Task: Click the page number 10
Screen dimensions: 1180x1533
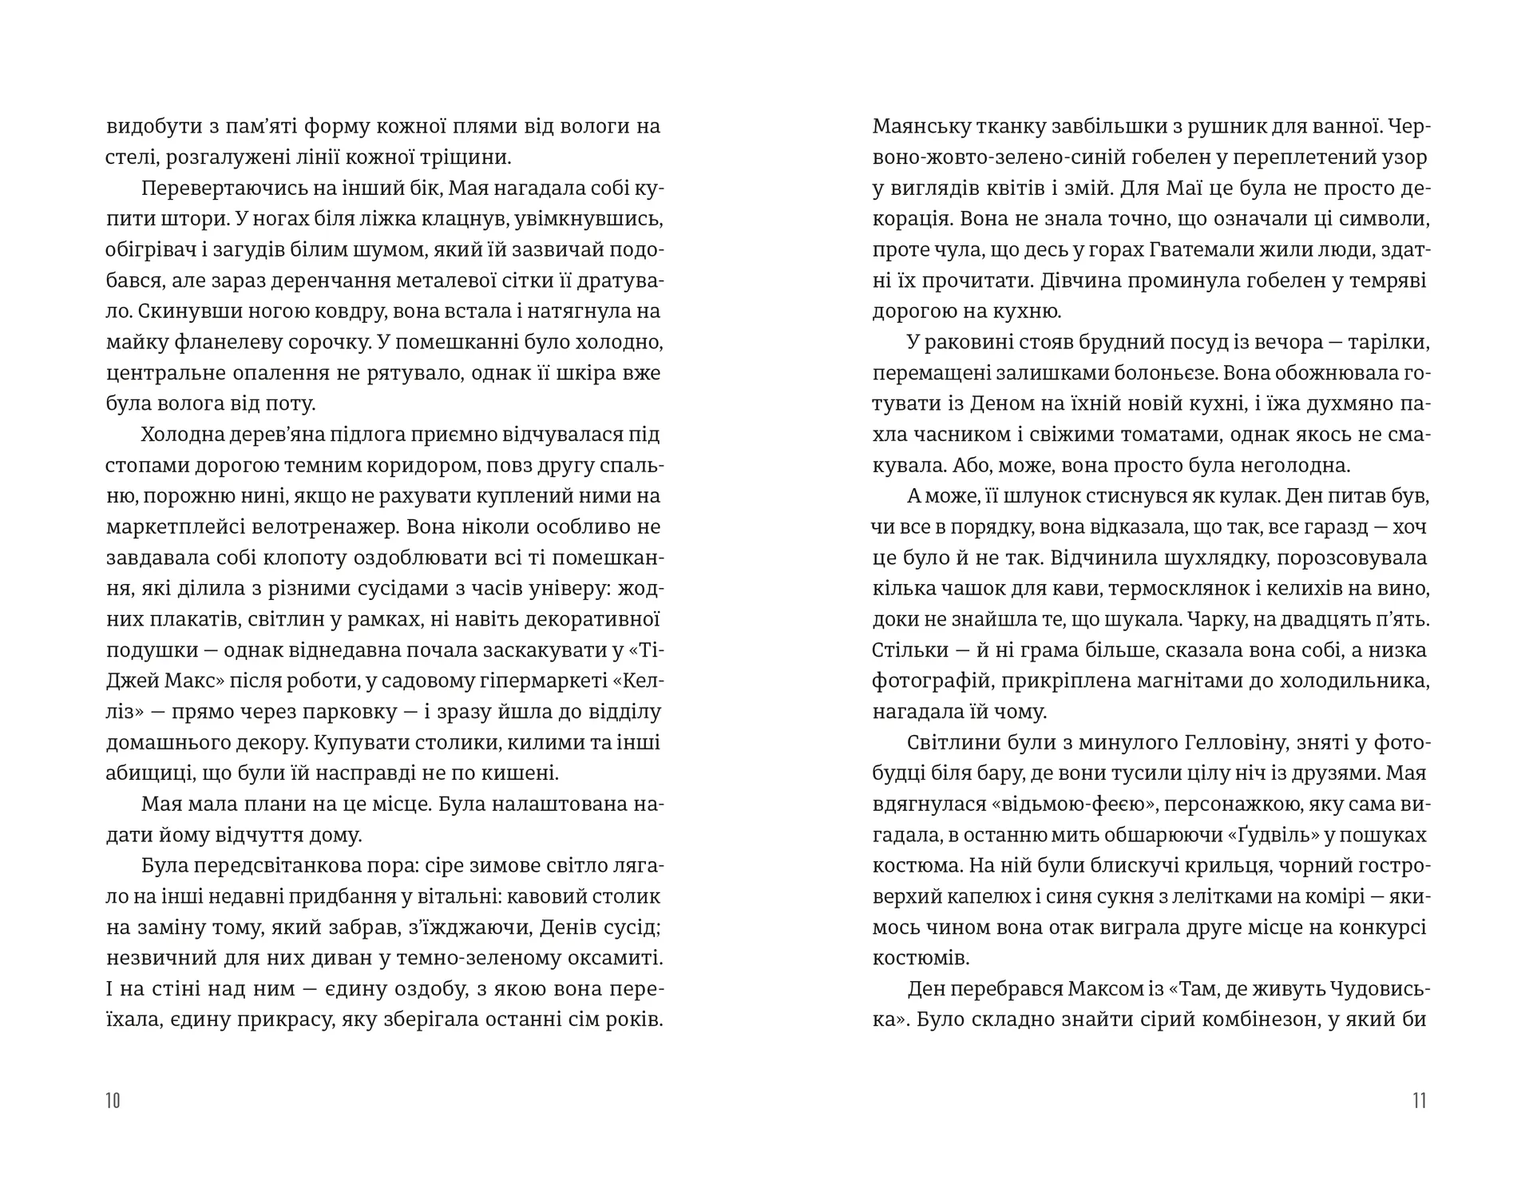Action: [x=113, y=1100]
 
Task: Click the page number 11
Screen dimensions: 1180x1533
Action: [x=1419, y=1100]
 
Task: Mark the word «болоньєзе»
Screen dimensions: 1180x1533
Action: [x=1150, y=373]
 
